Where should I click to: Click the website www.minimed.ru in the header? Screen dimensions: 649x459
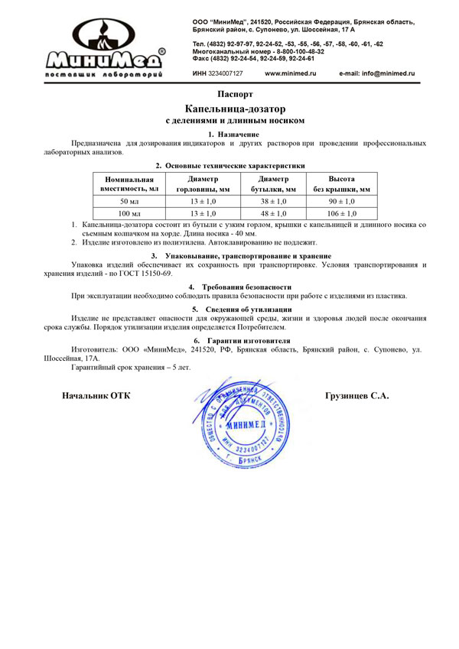pyautogui.click(x=291, y=73)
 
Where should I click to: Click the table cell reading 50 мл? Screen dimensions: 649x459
pyautogui.click(x=129, y=201)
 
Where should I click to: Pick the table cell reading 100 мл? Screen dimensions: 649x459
pyautogui.click(x=129, y=213)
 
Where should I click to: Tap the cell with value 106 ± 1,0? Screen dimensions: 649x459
pyautogui.click(x=341, y=213)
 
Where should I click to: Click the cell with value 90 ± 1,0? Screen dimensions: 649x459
pyautogui.click(x=341, y=201)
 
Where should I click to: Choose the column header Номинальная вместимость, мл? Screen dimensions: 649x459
pyautogui.click(x=129, y=183)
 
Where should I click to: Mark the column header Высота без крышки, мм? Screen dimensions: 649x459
pyautogui.click(x=341, y=183)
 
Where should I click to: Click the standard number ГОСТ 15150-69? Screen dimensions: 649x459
pyautogui.click(x=146, y=273)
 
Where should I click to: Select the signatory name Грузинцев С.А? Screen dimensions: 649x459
pyautogui.click(x=356, y=396)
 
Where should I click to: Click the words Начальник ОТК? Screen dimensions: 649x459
pyautogui.click(x=95, y=396)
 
